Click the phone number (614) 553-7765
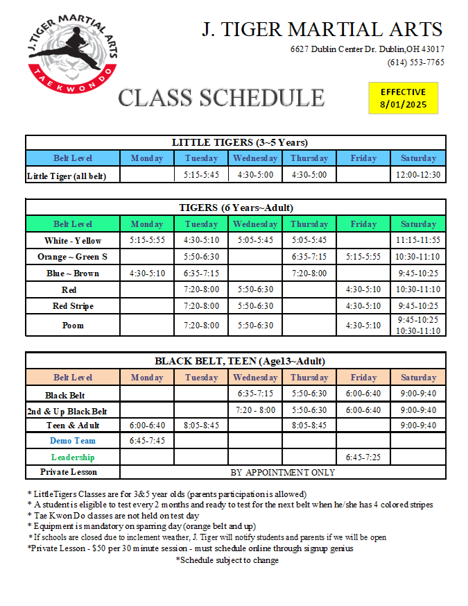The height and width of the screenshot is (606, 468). click(x=415, y=62)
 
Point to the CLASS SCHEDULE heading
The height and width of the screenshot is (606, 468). click(x=221, y=98)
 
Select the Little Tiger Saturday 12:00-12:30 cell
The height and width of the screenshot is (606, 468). click(x=418, y=175)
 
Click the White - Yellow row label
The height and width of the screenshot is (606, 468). click(x=73, y=241)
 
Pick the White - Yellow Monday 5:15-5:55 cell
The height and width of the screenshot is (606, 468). click(x=147, y=241)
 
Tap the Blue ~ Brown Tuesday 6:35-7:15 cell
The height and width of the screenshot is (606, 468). click(x=201, y=273)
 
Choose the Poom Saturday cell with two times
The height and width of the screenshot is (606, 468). click(x=418, y=326)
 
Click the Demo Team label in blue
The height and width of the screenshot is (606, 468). click(x=73, y=441)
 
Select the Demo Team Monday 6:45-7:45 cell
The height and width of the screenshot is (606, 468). click(x=147, y=441)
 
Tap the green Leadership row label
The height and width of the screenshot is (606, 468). click(x=73, y=457)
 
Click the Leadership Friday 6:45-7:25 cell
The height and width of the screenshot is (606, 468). click(x=363, y=457)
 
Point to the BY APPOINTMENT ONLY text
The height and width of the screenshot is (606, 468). click(x=282, y=473)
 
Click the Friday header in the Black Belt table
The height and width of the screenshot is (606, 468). click(x=363, y=378)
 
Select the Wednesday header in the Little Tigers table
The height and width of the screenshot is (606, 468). click(x=254, y=158)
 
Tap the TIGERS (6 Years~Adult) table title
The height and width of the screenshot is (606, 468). click(x=236, y=208)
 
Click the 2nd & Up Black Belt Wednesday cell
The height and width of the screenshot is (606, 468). click(x=254, y=410)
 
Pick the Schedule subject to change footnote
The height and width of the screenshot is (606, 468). click(x=227, y=560)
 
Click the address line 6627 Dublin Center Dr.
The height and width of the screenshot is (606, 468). click(x=367, y=49)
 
